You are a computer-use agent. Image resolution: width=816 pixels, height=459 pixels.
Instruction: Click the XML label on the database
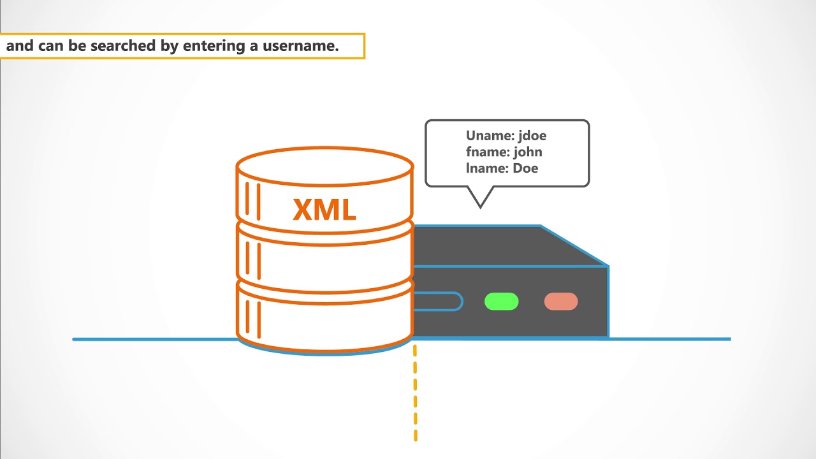pos(324,210)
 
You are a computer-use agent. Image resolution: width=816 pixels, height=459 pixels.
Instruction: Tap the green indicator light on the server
pos(502,302)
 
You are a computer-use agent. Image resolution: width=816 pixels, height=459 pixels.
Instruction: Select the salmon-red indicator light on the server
pos(561,302)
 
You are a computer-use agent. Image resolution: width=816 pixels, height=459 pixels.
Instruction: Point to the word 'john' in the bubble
pos(528,152)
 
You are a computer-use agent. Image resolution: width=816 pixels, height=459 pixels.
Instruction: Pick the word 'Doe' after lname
pos(525,168)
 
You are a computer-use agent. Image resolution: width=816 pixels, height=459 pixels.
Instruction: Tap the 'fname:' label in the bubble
pos(487,152)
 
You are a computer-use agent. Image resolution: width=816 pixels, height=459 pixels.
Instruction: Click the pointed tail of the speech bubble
pos(481,199)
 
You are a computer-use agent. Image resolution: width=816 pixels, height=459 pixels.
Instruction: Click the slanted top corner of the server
pos(574,245)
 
